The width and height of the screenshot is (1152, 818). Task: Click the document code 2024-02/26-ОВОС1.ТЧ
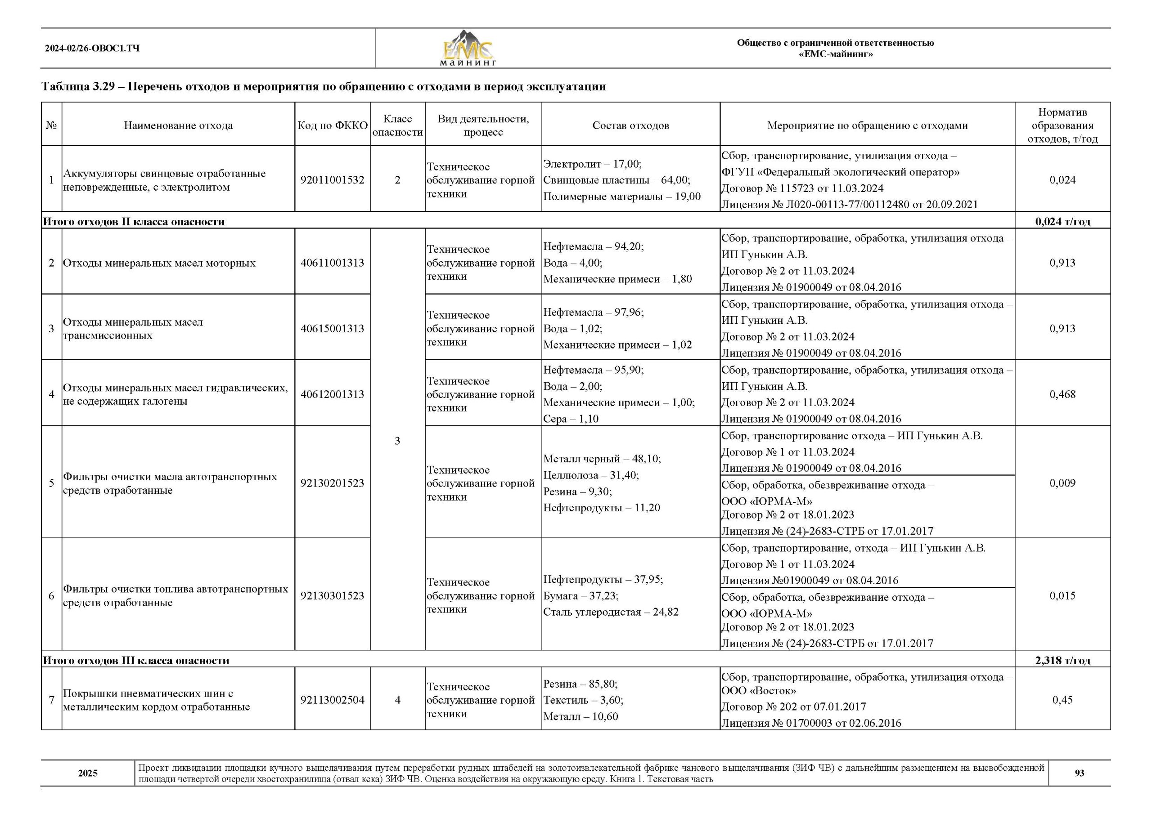click(92, 49)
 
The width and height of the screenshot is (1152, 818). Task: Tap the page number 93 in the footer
click(1079, 773)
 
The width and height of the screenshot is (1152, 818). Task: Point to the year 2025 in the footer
click(88, 773)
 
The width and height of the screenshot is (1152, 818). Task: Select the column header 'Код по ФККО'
click(332, 125)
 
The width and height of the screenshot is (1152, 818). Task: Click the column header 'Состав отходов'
click(630, 125)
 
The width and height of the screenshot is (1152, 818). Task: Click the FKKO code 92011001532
click(332, 180)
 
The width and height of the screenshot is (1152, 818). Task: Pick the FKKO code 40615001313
click(332, 328)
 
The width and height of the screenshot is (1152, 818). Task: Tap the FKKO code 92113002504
click(332, 700)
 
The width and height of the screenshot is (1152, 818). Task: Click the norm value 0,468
click(1062, 394)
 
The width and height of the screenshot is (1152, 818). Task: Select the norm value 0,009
click(1062, 483)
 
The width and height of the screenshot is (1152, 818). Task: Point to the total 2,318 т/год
click(1062, 660)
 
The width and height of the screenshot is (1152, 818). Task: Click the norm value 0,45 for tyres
click(1062, 700)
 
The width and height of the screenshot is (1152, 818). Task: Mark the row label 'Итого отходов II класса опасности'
click(134, 222)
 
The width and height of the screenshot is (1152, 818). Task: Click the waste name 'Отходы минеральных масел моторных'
click(159, 263)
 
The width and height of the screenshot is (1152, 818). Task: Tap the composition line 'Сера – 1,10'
click(571, 419)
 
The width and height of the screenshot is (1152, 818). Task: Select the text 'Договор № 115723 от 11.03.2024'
click(802, 188)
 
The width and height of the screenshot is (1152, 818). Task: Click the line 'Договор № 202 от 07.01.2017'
click(793, 706)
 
